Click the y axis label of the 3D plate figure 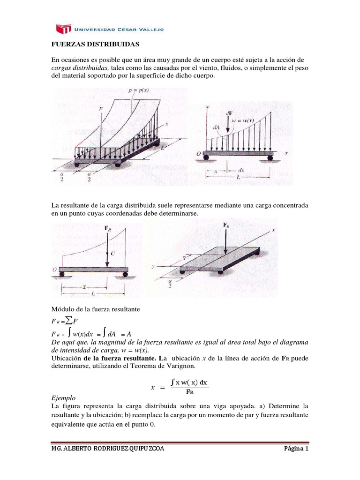click(x=153, y=266)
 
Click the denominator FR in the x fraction click(x=190, y=392)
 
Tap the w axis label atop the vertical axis click(x=207, y=107)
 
